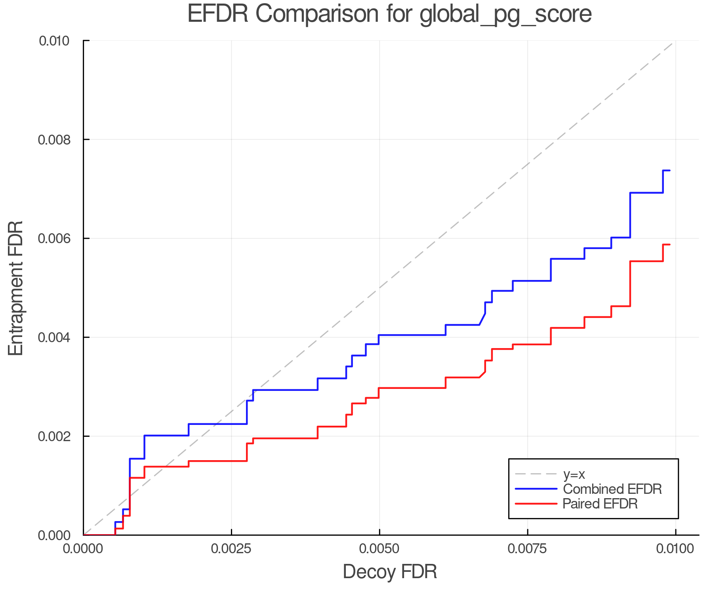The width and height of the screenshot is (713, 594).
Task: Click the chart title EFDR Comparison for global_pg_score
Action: click(389, 14)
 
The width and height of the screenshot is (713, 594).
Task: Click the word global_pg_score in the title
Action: click(505, 15)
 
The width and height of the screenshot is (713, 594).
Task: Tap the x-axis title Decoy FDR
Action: click(389, 572)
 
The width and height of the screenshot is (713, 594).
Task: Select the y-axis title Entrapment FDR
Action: click(16, 288)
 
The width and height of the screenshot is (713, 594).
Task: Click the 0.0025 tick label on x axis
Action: click(231, 549)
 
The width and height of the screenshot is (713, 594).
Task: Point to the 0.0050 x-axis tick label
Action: click(379, 549)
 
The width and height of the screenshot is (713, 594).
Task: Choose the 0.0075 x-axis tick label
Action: click(528, 549)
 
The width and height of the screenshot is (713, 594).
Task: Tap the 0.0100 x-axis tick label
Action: click(675, 549)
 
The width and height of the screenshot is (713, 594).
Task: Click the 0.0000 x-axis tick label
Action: click(84, 549)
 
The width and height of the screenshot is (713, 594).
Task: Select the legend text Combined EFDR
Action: click(612, 489)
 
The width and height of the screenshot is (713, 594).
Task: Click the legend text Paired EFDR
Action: click(600, 504)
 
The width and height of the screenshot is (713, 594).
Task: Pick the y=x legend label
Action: click(574, 474)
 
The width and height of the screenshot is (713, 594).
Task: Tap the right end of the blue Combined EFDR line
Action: click(669, 170)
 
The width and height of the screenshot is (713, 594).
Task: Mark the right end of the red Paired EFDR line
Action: click(669, 245)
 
